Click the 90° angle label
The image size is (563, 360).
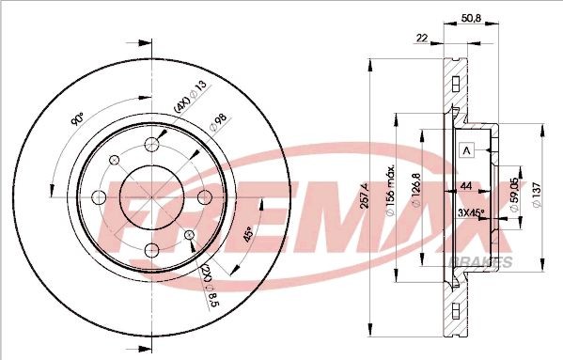point(78,121)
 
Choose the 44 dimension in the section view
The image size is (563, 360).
point(465,187)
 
